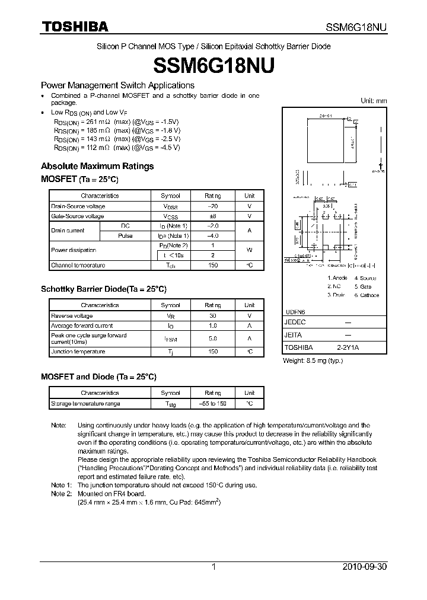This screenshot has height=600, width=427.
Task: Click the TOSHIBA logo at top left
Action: pyautogui.click(x=75, y=27)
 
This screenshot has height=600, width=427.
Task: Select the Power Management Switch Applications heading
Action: pyautogui.click(x=117, y=85)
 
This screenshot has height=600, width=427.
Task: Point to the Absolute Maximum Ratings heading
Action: pyautogui.click(x=97, y=166)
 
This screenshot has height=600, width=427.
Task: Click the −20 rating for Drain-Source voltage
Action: pyautogui.click(x=212, y=206)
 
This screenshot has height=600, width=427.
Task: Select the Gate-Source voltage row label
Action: pyautogui.click(x=78, y=216)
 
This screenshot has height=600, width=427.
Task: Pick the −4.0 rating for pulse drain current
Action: pyautogui.click(x=212, y=236)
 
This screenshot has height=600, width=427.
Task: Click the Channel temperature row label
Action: pyautogui.click(x=78, y=266)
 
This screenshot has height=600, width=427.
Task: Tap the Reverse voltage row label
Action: pyautogui.click(x=72, y=315)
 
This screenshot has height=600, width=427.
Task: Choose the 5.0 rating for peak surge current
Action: pyautogui.click(x=212, y=339)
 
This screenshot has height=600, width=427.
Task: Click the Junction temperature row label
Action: pyautogui.click(x=78, y=352)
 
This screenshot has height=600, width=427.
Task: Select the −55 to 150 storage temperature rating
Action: pyautogui.click(x=212, y=403)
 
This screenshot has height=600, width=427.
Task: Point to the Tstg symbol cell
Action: pyautogui.click(x=171, y=404)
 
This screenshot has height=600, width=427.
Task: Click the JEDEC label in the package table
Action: pyautogui.click(x=295, y=322)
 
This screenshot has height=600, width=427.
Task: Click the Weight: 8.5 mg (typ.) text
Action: pyautogui.click(x=313, y=360)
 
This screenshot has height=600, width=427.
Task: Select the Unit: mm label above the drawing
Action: pyautogui.click(x=374, y=101)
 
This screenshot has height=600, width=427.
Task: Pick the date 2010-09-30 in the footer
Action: pyautogui.click(x=364, y=567)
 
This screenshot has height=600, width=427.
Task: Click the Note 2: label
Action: pyautogui.click(x=61, y=493)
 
